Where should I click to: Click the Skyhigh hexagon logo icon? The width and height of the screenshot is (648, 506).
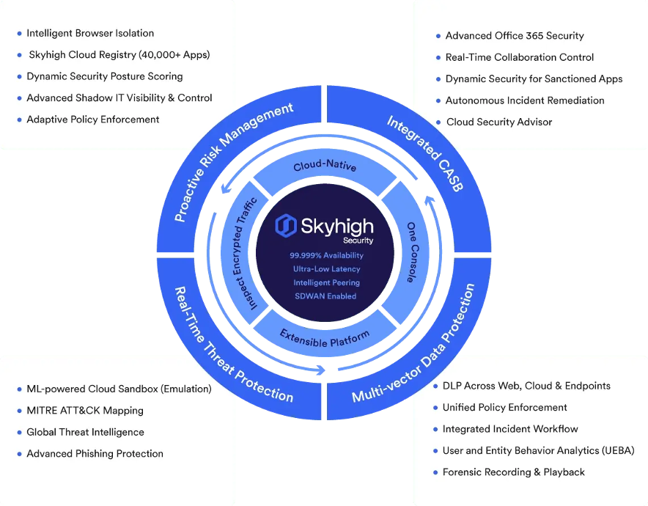tap(286, 226)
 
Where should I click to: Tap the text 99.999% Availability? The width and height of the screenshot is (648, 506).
tap(326, 255)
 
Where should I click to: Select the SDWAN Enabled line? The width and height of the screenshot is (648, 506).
tap(325, 296)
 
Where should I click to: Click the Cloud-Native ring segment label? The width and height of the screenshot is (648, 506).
tap(325, 165)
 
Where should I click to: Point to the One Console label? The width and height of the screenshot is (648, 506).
tap(413, 252)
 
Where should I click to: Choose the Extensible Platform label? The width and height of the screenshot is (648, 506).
tap(325, 338)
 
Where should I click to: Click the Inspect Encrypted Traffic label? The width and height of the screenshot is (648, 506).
tap(247, 254)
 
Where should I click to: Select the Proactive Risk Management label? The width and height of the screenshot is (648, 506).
tap(234, 162)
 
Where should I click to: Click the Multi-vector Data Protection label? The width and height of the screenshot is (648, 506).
tap(413, 343)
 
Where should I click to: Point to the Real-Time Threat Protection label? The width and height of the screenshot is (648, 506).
tap(234, 345)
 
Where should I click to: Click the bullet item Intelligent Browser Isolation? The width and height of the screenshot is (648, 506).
tap(90, 33)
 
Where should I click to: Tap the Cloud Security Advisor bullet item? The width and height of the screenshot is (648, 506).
tap(499, 122)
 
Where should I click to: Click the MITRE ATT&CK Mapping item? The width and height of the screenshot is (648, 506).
tap(85, 411)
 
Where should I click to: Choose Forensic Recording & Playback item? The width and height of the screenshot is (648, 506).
tap(514, 472)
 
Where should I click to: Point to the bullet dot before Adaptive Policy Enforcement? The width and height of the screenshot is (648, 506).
tap(19, 120)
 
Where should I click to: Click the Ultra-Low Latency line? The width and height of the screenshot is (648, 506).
tap(326, 269)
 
